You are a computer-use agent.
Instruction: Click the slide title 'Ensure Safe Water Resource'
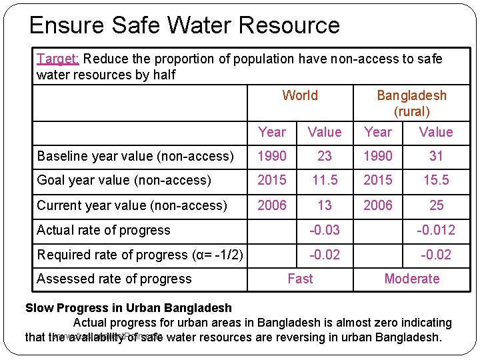point(185,25)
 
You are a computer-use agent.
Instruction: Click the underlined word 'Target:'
point(58,59)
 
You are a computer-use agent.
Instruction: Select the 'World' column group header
point(300,95)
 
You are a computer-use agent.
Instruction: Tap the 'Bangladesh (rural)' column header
point(411,103)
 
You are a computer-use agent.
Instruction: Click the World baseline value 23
point(325,156)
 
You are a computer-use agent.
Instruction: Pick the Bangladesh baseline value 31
point(436,156)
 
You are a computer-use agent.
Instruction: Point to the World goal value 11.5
point(325,180)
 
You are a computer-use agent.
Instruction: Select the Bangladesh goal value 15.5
point(436,180)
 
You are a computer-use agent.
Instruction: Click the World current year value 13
point(325,205)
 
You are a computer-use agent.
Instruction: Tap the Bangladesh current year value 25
point(436,205)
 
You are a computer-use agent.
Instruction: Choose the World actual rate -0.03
point(325,230)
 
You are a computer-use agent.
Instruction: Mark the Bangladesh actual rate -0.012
point(436,230)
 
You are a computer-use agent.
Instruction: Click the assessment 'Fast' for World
point(300,279)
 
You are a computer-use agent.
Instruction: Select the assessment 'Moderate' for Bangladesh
point(411,279)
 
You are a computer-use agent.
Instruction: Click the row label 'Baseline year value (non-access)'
point(135,156)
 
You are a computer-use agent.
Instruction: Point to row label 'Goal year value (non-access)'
point(124,180)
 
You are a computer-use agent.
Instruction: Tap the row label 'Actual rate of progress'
point(104,230)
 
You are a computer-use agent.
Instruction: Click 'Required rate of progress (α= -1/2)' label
point(140,255)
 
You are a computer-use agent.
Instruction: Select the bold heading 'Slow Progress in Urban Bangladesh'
point(129,308)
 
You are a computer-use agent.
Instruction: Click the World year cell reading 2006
point(272,205)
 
